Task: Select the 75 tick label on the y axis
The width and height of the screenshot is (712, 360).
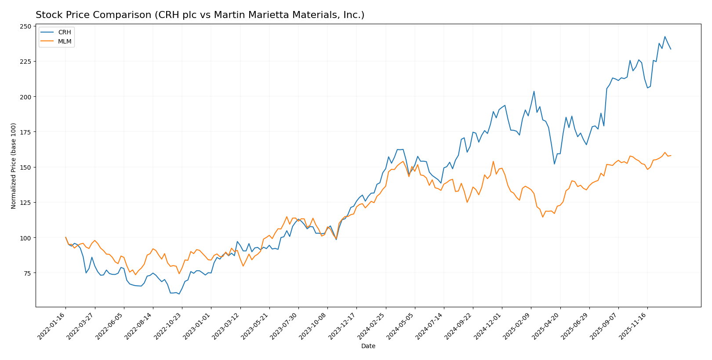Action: tap(27, 273)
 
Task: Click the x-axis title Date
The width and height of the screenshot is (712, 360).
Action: tap(368, 346)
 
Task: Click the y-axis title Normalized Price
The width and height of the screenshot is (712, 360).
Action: tap(14, 166)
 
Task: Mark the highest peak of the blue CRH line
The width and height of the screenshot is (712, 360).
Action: tap(665, 36)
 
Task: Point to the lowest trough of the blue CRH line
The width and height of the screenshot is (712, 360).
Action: tap(179, 294)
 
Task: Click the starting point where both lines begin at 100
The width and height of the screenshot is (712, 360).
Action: tap(65, 237)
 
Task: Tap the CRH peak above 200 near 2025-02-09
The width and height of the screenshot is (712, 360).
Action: tap(534, 91)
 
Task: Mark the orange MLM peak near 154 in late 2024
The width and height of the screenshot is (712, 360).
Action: tap(493, 161)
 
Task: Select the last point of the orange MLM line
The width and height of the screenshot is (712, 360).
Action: tap(671, 156)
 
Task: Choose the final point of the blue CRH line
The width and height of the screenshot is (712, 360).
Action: tap(671, 49)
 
